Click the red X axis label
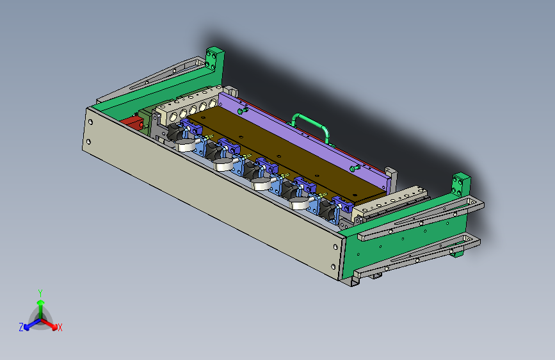pos(60,328)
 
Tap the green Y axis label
pos(40,293)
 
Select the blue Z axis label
pos(21,327)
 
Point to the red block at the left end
pos(132,122)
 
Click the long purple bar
pos(305,141)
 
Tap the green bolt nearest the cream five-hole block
pos(243,111)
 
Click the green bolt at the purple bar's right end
pos(355,168)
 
